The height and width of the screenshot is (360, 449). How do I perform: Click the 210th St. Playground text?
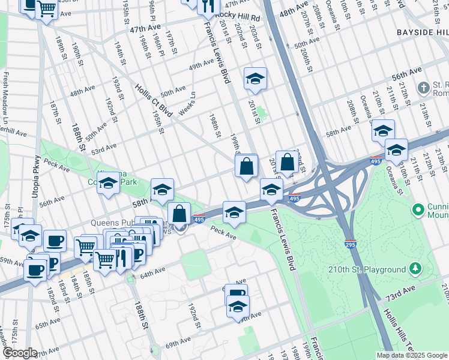click(367, 269)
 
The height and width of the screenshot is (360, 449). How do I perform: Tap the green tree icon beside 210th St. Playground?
click(415, 269)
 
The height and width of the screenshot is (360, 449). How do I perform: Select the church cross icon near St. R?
click(424, 88)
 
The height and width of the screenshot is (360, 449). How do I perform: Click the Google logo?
click(20, 353)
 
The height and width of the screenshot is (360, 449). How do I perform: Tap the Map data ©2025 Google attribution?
click(411, 355)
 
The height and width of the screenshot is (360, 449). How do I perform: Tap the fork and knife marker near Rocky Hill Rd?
click(208, 5)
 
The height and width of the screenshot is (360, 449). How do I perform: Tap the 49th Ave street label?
click(201, 65)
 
